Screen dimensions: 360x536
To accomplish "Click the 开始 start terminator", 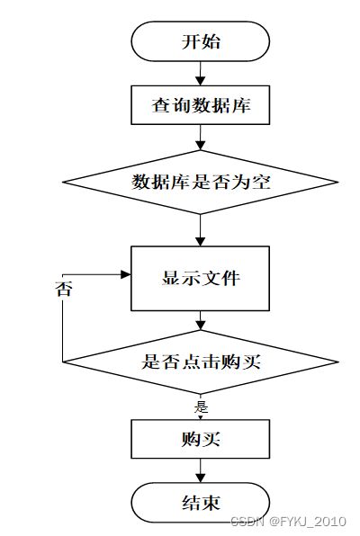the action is [x=200, y=41].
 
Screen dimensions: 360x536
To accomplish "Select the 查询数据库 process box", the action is [x=200, y=105].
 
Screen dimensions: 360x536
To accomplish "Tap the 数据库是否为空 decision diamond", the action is [x=201, y=183].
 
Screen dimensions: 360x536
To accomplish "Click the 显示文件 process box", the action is [x=200, y=278].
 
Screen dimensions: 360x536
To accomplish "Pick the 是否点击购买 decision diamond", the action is [x=201, y=362].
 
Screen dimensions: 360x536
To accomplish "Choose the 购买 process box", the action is [x=200, y=439].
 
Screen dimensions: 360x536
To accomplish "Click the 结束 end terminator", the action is [x=200, y=503].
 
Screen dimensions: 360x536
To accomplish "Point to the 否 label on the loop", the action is [x=64, y=290].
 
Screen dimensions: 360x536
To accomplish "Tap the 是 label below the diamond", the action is [x=202, y=406].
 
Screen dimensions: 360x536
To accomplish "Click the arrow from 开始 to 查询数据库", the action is [x=200, y=74].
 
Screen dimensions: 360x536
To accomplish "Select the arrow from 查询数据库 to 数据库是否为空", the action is [x=200, y=138].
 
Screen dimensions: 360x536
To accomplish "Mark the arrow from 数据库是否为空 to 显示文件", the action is [x=200, y=230].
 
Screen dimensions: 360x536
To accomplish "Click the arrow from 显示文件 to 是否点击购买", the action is [x=200, y=320].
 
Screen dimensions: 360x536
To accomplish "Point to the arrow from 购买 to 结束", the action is [x=200, y=470].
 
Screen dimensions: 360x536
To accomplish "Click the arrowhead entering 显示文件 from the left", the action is [x=126, y=274].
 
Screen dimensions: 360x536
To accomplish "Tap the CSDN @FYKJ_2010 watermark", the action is [x=288, y=522].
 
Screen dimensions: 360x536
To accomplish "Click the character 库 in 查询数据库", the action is [x=241, y=105].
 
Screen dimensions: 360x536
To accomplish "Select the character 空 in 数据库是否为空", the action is [x=261, y=182].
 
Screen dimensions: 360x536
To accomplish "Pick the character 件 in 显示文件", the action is [x=230, y=278].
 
